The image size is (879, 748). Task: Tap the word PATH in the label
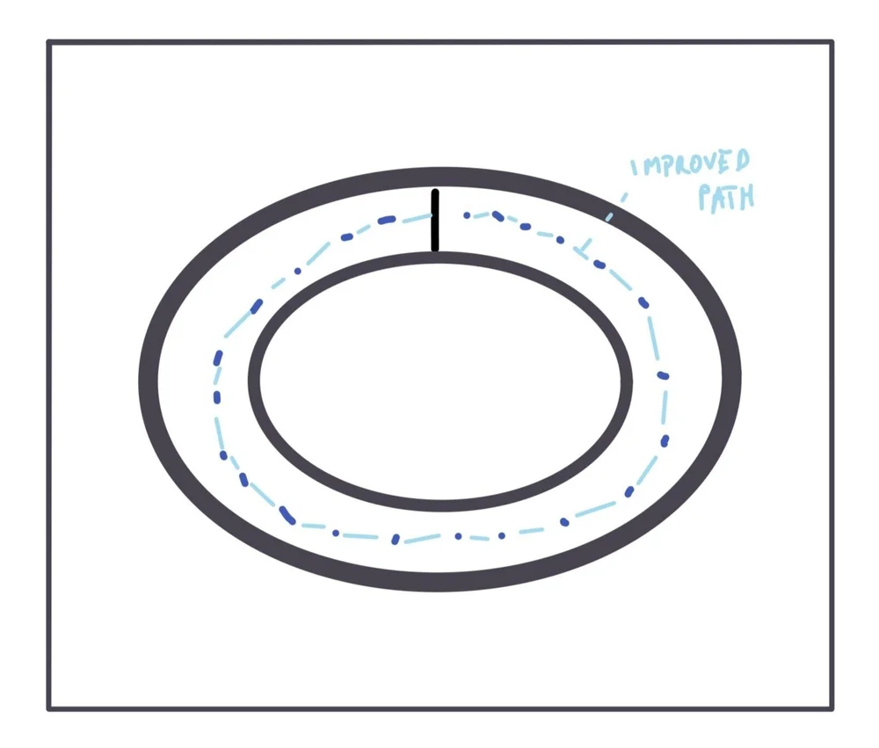pos(726,198)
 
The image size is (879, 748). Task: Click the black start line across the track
pos(434,220)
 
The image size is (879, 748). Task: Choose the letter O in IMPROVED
pos(694,165)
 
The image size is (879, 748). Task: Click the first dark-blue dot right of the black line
pos(467,214)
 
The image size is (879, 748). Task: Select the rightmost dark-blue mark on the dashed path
pos(664,376)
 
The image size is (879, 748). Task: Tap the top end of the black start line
pos(434,192)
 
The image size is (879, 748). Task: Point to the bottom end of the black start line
pos(434,249)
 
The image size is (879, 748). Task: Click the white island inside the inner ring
pos(439,381)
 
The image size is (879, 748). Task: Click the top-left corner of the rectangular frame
pos(49,42)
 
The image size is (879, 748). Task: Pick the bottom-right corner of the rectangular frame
pos(831,708)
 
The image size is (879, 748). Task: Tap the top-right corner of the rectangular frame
pos(831,42)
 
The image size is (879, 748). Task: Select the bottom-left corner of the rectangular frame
pos(49,708)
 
